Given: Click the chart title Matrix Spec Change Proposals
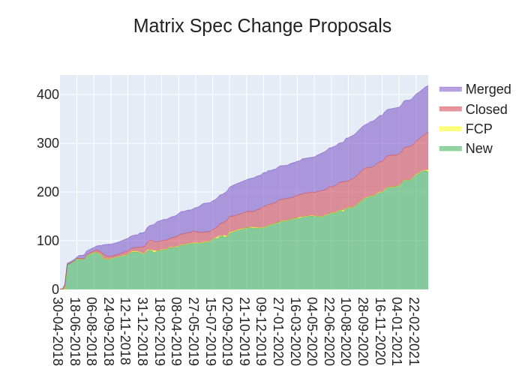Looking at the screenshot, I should click(262, 26).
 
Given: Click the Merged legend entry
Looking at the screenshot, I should click(487, 89).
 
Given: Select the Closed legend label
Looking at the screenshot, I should click(486, 109).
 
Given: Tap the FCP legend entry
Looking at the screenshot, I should click(478, 129).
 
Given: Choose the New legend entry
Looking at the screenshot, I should click(478, 148).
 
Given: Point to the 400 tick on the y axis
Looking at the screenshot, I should click(47, 94).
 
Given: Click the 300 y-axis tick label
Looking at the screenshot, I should click(47, 143).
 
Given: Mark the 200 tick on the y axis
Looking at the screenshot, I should click(47, 192).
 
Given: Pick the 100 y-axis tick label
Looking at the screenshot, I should click(47, 241).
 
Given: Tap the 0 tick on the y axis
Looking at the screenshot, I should click(55, 289).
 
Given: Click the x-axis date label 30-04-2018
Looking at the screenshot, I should click(58, 331).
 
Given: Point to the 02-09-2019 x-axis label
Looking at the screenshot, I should click(227, 331).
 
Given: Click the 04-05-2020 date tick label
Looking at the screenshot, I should click(311, 331).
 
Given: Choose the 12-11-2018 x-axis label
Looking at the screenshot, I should click(126, 331).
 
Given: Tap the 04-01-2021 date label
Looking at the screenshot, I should click(396, 331).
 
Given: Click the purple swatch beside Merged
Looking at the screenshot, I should click(450, 89).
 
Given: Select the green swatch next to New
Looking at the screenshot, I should click(450, 148).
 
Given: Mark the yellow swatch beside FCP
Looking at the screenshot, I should click(450, 129).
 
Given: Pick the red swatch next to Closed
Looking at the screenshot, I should click(450, 109).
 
